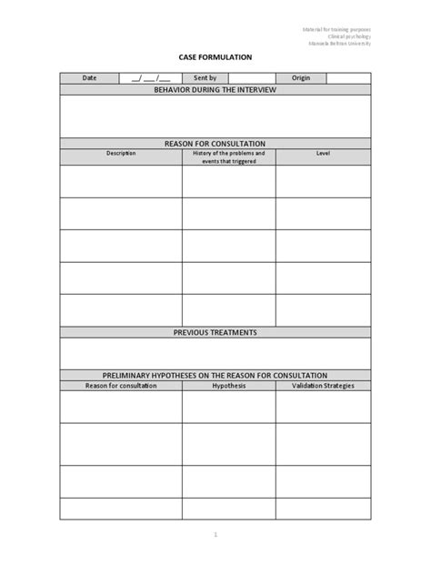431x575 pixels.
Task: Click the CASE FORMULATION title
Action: (215, 57)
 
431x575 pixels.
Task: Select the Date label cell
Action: (89, 78)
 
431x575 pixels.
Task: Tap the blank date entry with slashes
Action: (149, 78)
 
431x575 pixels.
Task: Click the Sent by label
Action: (205, 78)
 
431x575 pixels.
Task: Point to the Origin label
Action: (301, 78)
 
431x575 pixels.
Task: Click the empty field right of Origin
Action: (348, 78)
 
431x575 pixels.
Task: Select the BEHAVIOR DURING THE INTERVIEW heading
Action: (215, 90)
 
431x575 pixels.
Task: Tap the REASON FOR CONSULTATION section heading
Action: (215, 144)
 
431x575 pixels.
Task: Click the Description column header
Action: (121, 153)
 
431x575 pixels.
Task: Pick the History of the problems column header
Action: (228, 156)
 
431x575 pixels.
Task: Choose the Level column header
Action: (323, 153)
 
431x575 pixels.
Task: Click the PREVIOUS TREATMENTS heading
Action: (215, 332)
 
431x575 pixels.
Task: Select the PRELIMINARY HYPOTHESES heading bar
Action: (215, 375)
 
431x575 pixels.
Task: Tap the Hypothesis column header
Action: (228, 386)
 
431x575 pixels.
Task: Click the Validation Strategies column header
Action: (323, 386)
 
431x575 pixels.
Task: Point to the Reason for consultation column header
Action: (121, 386)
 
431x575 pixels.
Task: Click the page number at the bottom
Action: (215, 534)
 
